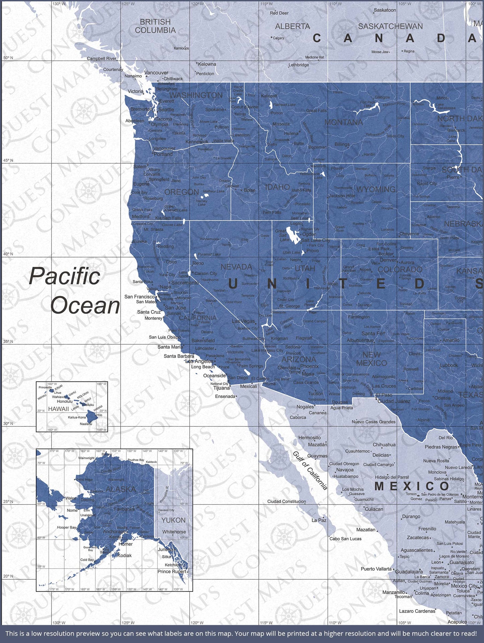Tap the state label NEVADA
click(236, 267)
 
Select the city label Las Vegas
click(244, 321)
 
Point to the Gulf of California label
click(310, 470)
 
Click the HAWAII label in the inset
click(58, 409)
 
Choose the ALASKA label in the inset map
click(121, 489)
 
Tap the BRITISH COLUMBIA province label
click(155, 26)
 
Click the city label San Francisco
click(140, 296)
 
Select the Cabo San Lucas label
click(345, 538)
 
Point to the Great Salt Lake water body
click(291, 235)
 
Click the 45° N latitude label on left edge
click(8, 160)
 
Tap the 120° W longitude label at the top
click(197, 4)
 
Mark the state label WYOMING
click(376, 189)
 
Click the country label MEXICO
click(412, 486)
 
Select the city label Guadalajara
click(409, 572)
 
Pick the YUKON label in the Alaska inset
click(174, 520)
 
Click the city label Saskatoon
click(385, 10)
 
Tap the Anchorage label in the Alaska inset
click(115, 531)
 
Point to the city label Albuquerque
click(360, 340)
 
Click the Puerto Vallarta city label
click(376, 569)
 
